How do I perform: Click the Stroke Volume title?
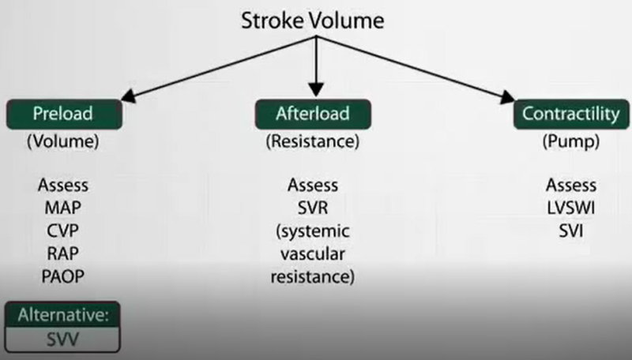(312, 21)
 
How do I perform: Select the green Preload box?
(64, 114)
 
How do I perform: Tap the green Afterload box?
(313, 114)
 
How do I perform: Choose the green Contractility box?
(571, 114)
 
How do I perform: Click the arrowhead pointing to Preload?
(129, 96)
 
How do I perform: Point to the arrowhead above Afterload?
(316, 89)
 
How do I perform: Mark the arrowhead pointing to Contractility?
(506, 97)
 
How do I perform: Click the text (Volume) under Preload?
(63, 141)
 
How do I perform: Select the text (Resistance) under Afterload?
(313, 141)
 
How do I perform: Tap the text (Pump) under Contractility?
(571, 141)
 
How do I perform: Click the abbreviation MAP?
(63, 208)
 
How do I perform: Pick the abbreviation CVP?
(63, 231)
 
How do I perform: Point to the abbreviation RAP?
(63, 253)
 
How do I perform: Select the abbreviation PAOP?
(63, 276)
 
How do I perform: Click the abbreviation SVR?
(313, 208)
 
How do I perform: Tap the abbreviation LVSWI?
(571, 208)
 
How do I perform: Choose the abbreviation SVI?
(571, 231)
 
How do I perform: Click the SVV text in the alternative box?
(62, 339)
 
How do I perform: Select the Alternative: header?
(63, 314)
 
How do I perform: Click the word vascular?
(313, 254)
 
